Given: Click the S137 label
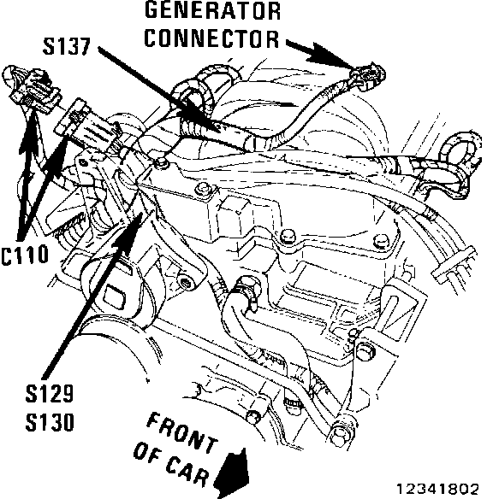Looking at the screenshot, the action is click(x=67, y=47).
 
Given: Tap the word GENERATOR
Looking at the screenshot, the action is click(x=212, y=10).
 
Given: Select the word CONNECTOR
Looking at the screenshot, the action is click(x=211, y=38).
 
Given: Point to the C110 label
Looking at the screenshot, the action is click(x=25, y=255).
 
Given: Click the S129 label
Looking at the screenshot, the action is click(x=50, y=394).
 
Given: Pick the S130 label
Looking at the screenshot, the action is click(x=50, y=422).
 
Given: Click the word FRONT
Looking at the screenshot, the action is click(x=182, y=432).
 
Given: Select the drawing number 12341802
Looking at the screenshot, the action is click(x=437, y=489).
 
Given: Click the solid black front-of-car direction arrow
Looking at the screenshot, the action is click(x=233, y=473).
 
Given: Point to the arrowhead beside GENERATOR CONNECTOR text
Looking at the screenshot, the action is click(x=325, y=56).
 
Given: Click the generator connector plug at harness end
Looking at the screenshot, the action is click(x=369, y=75).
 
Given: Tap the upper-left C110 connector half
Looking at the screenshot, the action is click(x=30, y=88).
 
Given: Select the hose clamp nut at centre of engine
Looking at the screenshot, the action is click(x=248, y=285).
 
